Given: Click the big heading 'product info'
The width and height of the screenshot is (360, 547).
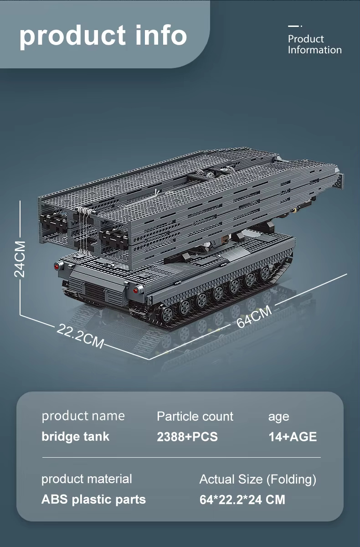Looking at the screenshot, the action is [x=103, y=36].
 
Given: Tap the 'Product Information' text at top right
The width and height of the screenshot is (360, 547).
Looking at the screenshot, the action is [x=314, y=45].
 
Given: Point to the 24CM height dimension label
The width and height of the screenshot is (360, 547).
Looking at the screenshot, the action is [x=20, y=259].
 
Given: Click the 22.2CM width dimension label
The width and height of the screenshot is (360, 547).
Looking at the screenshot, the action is [x=80, y=336].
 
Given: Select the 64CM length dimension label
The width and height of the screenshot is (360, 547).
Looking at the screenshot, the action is [x=254, y=316].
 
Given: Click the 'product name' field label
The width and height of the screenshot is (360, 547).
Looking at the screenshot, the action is [x=83, y=416].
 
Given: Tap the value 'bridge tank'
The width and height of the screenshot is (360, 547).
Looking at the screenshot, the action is [x=75, y=436].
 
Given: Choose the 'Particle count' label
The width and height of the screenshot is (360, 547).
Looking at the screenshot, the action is [x=195, y=416].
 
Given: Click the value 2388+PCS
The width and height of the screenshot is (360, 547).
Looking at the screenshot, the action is [x=187, y=437].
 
